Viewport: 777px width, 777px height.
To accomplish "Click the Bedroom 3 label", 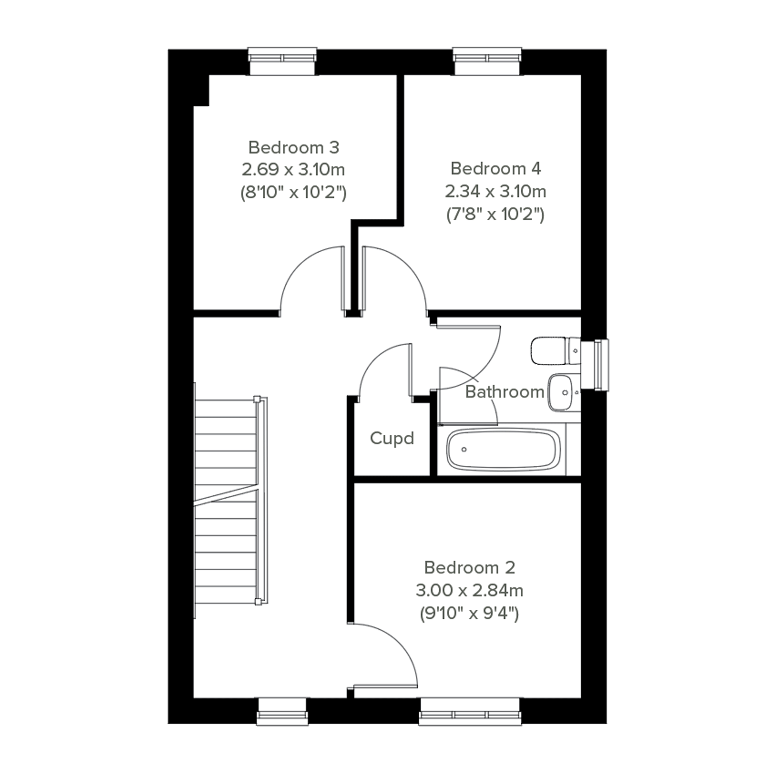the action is (294, 148).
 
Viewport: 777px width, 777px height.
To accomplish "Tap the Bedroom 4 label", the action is (495, 168).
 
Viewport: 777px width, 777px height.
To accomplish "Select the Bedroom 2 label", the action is (469, 567).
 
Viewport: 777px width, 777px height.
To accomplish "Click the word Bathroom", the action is (505, 392).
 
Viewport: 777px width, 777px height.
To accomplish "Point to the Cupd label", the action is (392, 438).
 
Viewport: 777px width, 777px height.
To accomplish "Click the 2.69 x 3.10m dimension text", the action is (293, 170).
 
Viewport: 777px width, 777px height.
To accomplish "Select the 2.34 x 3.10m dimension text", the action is (495, 191).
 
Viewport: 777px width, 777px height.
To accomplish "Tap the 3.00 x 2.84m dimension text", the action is (469, 591).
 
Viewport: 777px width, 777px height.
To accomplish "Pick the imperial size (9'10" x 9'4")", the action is (469, 614).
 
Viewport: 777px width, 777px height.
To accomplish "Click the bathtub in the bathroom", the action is (503, 449).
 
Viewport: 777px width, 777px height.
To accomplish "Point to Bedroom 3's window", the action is (282, 61).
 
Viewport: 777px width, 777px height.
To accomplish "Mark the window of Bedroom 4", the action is (487, 61).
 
